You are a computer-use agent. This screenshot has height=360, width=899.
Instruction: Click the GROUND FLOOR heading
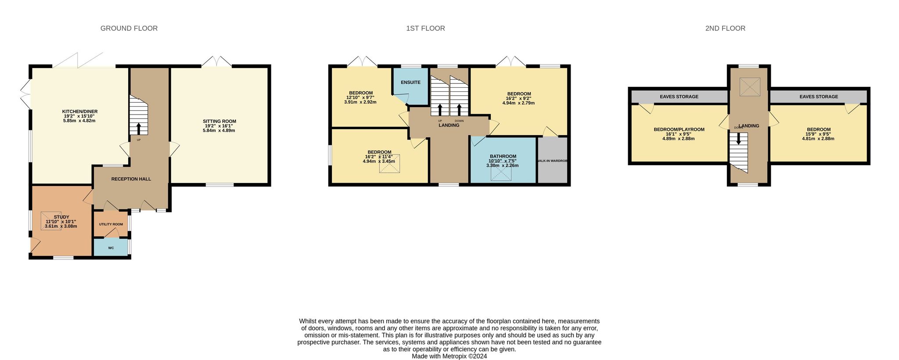pos(129,29)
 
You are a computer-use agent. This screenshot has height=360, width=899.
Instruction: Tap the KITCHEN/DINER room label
pos(79,112)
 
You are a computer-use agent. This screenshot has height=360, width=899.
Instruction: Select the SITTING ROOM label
pos(219,122)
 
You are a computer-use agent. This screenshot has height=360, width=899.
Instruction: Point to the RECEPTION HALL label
pos(131,179)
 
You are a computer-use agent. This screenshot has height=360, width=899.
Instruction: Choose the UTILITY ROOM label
pos(111,224)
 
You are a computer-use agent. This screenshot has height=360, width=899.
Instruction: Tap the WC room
pos(111,248)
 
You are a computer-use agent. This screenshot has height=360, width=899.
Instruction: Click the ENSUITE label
pos(410,83)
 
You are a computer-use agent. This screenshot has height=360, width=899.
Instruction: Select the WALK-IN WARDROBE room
pos(552,161)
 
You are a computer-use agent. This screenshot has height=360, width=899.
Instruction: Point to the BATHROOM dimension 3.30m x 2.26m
pos(502,166)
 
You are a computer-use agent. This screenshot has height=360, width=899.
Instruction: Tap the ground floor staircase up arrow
pos(139,129)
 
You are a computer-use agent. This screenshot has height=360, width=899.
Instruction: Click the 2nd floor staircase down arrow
pos(738,139)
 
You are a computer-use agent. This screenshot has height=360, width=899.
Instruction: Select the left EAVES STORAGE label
pos(679,97)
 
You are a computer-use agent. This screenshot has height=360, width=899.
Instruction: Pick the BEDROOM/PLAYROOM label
pos(679,130)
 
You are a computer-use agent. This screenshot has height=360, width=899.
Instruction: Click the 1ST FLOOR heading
pos(425,29)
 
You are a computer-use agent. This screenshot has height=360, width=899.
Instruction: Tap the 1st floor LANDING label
pos(449,126)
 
